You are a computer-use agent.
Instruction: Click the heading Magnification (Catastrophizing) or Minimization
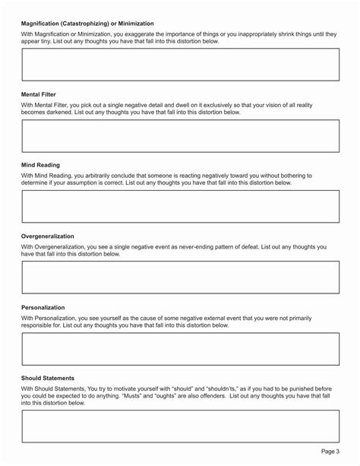(87, 24)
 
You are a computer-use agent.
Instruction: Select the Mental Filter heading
(39, 95)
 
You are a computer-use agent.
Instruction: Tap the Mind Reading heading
(40, 165)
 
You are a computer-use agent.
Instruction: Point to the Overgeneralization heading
(48, 236)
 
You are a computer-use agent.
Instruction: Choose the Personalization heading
(43, 307)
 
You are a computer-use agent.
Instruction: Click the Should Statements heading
(48, 378)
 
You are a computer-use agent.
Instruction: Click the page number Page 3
(330, 452)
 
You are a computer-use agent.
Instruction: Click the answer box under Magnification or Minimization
(180, 65)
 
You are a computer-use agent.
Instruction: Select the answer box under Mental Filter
(180, 136)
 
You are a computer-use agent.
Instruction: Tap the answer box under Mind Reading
(180, 206)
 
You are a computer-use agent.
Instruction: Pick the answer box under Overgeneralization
(180, 277)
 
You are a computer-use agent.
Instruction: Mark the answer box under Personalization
(180, 348)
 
